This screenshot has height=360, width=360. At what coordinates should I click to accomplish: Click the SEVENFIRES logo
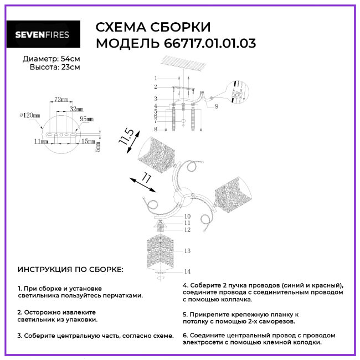click(43, 34)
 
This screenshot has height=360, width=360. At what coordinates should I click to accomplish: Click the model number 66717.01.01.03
click(210, 43)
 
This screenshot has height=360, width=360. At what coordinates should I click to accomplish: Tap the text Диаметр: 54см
click(51, 59)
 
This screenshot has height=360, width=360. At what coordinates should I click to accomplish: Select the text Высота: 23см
click(55, 67)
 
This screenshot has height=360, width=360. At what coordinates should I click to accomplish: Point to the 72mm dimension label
click(61, 99)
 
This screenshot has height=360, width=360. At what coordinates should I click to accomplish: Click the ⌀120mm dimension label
click(30, 115)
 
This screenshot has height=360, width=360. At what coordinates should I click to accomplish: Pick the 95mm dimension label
click(86, 119)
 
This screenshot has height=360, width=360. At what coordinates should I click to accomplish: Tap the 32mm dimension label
click(76, 109)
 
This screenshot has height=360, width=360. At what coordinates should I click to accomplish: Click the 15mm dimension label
click(89, 141)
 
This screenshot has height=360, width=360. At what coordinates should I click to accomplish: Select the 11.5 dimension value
click(126, 137)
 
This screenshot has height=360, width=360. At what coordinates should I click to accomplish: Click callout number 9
click(217, 106)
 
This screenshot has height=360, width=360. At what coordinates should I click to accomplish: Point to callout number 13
click(187, 251)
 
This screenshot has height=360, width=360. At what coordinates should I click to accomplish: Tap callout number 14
click(187, 271)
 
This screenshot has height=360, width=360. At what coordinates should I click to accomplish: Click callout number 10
click(187, 216)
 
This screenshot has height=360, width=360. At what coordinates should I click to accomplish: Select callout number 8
click(156, 129)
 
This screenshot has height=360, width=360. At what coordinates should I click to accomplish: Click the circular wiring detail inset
click(237, 92)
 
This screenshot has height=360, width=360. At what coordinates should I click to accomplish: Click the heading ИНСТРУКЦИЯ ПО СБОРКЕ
click(70, 269)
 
